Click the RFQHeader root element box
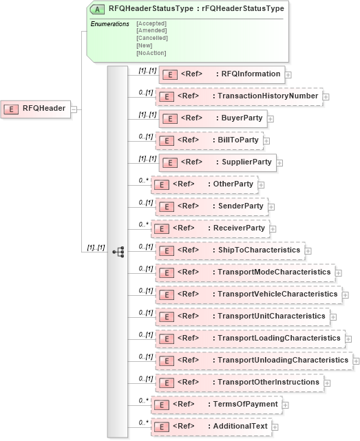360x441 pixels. (x=36, y=108)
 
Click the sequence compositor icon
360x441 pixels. (x=118, y=251)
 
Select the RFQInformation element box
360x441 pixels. (x=222, y=74)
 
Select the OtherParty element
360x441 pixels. (x=204, y=184)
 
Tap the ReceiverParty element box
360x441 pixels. (x=209, y=228)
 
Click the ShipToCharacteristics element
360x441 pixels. (x=230, y=250)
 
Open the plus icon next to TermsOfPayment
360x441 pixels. (x=285, y=405)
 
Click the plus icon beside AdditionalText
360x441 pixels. (x=276, y=427)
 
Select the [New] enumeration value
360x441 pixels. (x=146, y=45)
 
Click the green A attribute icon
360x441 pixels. (x=99, y=10)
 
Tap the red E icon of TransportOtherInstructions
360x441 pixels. (x=165, y=383)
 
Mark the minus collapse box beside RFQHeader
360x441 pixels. (x=74, y=108)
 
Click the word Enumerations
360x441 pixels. (x=110, y=24)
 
